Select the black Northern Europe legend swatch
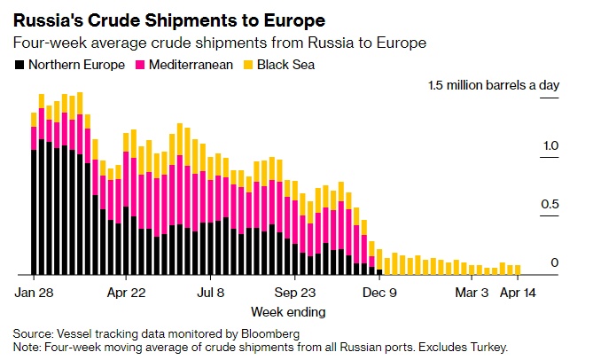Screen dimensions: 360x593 coord(20,64)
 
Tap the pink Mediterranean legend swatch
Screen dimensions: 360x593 coord(140,64)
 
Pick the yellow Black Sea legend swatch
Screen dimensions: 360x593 coord(248,64)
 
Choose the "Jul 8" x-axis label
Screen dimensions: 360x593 coord(211,291)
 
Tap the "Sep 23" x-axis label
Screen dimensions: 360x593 coord(294,291)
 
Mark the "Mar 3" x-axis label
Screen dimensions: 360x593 coord(471,291)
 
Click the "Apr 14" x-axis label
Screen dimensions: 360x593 coord(519,291)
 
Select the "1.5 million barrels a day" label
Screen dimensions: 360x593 coord(494,87)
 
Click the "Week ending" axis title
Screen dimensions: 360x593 coord(288,311)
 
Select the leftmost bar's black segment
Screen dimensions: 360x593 coord(34,213)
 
